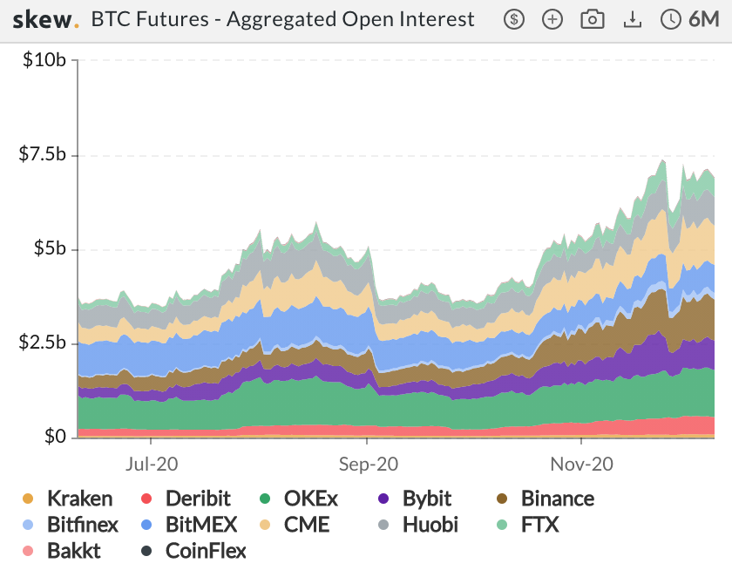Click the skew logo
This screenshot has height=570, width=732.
pos(45,19)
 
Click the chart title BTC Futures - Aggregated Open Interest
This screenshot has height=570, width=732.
pos(282,19)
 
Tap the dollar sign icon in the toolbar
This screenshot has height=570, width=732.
pos(514,19)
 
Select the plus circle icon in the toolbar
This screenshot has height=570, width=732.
pos(552,19)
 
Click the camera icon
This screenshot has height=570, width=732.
pos(593,19)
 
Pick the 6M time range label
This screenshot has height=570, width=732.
pos(702,19)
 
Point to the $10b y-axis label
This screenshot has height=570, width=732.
pos(44,60)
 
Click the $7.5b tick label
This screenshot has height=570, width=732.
pos(43,155)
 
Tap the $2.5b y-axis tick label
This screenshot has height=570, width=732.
pos(43,343)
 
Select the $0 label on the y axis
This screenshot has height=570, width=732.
pos(54,436)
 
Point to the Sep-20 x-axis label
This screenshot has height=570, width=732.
pos(367,465)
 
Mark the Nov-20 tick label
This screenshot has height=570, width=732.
pos(581,465)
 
